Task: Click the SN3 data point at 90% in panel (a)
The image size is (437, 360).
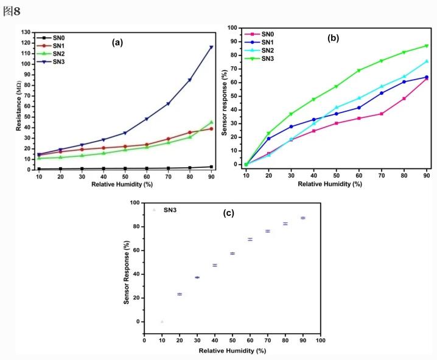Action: point(211,47)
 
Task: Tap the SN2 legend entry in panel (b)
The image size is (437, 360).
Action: point(264,50)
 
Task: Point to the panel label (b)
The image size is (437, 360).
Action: point(334,38)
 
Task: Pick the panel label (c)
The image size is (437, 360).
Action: point(229,214)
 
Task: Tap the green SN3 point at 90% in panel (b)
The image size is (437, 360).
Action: point(427,46)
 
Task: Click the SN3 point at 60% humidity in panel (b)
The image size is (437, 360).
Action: point(358,71)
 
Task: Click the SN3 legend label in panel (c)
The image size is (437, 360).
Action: point(172,210)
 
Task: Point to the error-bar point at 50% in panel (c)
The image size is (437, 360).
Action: point(232,253)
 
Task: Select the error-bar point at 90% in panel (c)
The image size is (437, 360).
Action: point(302,218)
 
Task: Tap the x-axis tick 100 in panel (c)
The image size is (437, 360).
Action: point(320,341)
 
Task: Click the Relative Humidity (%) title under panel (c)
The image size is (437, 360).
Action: point(232,351)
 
